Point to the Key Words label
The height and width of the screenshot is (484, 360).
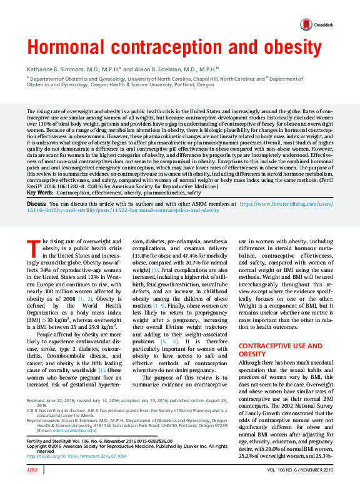39,176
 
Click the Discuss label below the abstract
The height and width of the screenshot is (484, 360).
36,186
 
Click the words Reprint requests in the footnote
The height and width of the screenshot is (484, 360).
42,421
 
